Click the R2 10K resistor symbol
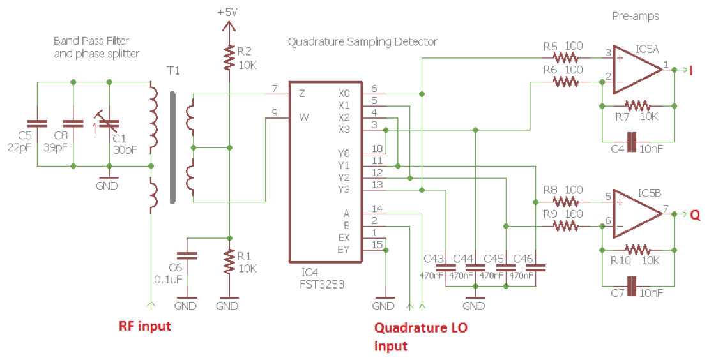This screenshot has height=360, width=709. tap(228, 57)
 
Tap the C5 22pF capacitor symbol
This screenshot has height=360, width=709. tap(37, 123)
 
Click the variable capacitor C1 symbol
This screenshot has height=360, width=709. tap(109, 123)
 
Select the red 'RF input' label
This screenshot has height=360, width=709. tap(145, 326)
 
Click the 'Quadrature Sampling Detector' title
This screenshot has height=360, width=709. tap(362, 42)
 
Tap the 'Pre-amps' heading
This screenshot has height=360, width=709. tap(635, 15)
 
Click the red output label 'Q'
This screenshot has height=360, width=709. tap(695, 215)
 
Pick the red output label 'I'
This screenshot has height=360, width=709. tap(691, 70)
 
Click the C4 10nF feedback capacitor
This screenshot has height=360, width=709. tap(631, 141)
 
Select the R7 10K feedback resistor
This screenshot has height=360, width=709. tap(637, 105)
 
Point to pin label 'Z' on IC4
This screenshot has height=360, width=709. tap(301, 93)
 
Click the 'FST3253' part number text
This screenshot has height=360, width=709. tap(323, 284)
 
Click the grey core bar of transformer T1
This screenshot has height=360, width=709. tap(172, 147)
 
